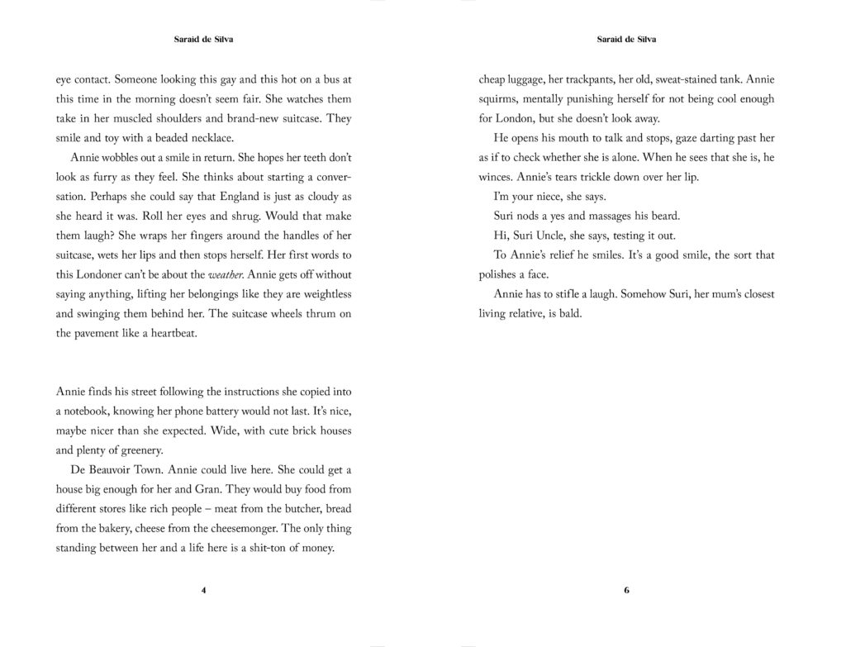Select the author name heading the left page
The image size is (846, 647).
point(203,39)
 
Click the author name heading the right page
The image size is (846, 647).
point(626,39)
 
